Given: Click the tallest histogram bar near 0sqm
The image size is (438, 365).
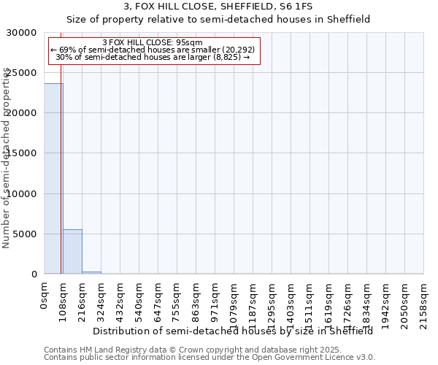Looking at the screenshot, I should click(x=53, y=179).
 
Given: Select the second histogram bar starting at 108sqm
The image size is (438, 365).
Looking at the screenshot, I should click(x=72, y=252).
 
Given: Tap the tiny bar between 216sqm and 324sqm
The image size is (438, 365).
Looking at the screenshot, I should click(x=91, y=272).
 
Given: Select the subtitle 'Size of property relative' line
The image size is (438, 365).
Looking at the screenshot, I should click(x=218, y=20).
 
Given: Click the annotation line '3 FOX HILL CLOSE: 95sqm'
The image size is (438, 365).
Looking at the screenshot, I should click(x=153, y=43).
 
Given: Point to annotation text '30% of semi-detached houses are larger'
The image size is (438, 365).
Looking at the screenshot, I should click(x=153, y=57).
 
